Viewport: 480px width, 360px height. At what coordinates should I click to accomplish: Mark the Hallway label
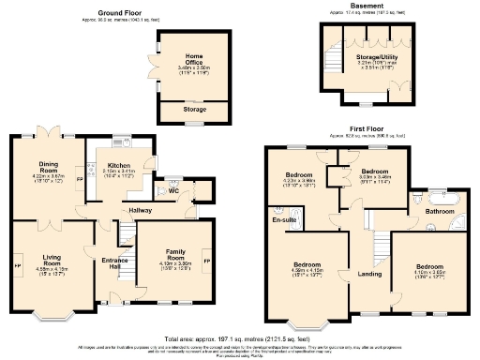pos(140,210)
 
